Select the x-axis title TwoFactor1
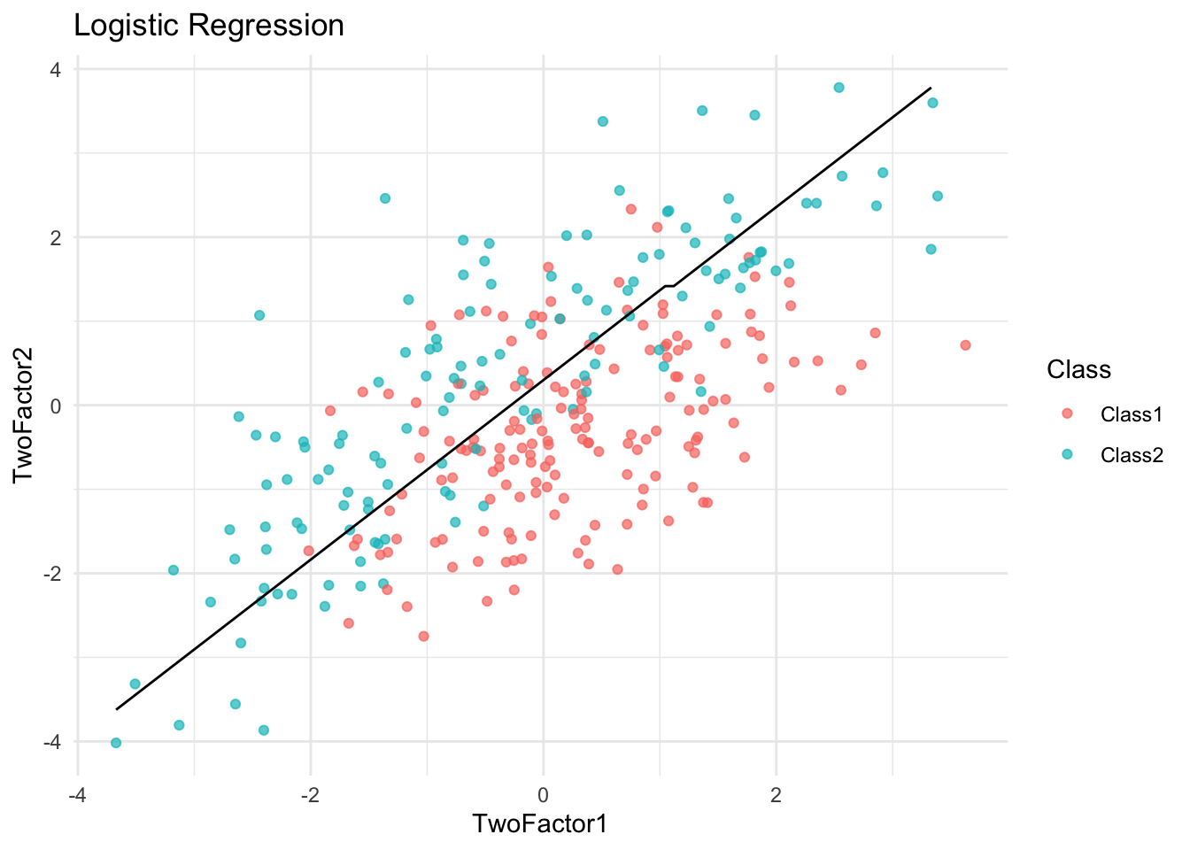(x=540, y=823)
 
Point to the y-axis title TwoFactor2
(x=24, y=406)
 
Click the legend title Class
(x=1078, y=369)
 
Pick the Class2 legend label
(x=1131, y=455)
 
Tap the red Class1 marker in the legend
(x=1067, y=413)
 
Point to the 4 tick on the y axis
(x=57, y=69)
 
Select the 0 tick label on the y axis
(x=57, y=406)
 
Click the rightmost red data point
(x=965, y=345)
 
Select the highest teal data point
(x=838, y=88)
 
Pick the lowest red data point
(x=423, y=636)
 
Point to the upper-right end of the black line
(x=931, y=89)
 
